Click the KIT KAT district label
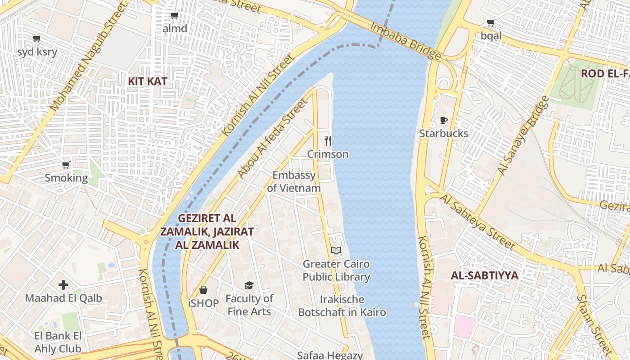pos(148,81)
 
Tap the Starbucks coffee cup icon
pos(444,121)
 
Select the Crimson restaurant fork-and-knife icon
pos(328,141)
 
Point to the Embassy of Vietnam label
pos(294,182)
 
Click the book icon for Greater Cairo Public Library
pos(336,251)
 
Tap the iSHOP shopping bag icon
pos(203,290)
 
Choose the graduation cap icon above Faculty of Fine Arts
pos(249,285)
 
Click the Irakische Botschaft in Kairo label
pos(342,306)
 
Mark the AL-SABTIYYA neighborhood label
pos(485,275)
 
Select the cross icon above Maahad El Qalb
pos(63,285)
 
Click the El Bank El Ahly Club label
pos(58,342)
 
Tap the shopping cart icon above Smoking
pos(66,165)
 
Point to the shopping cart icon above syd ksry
pos(37,39)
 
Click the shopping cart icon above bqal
pos(490,22)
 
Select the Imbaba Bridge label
pos(405,40)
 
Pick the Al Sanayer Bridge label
pos(523,135)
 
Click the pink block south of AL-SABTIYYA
pos(465,327)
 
